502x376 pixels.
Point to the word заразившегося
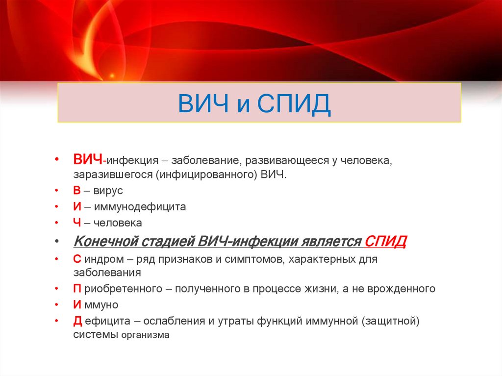point(113,175)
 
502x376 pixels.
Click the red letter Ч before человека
point(77,223)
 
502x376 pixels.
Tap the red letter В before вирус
point(77,191)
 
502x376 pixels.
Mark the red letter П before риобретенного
point(77,289)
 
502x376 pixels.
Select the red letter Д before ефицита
point(77,321)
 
